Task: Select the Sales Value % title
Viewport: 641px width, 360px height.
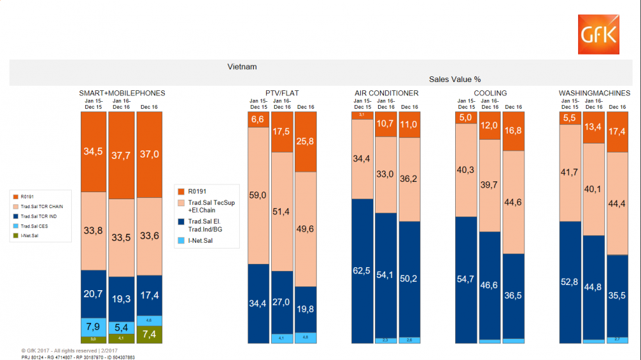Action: pos(455,79)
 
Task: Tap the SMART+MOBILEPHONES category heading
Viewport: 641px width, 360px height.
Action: pos(122,94)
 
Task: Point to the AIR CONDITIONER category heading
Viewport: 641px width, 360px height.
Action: pos(386,94)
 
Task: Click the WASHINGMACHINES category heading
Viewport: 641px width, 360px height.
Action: pos(594,94)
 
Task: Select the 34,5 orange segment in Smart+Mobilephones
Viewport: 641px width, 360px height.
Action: pos(94,152)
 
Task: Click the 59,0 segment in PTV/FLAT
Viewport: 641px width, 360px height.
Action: pos(258,195)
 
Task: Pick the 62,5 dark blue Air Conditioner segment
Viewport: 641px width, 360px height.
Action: pos(362,271)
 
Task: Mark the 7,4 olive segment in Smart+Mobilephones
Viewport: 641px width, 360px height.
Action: pos(149,334)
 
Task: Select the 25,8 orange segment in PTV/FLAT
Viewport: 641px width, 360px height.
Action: pos(306,142)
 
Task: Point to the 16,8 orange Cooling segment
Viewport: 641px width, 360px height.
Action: pos(513,131)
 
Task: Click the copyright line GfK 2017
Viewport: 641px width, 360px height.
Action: pos(61,351)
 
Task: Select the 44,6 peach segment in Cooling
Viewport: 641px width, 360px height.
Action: pos(513,202)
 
